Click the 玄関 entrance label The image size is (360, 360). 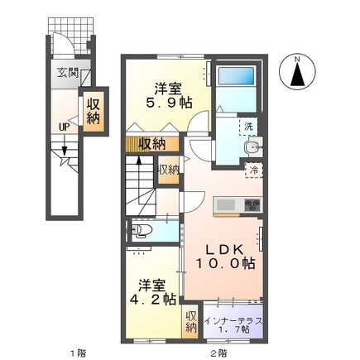[x=67, y=73]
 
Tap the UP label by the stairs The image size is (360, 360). [x=64, y=127]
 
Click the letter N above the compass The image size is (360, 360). [x=299, y=58]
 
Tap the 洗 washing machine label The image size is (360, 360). [x=249, y=127]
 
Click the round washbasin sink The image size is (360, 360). [x=252, y=149]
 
